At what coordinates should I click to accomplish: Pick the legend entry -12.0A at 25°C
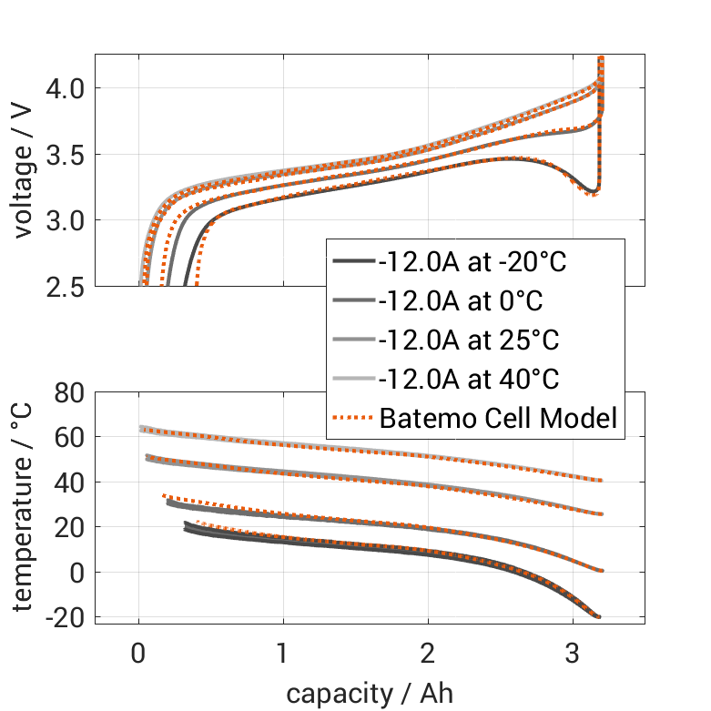[469, 340]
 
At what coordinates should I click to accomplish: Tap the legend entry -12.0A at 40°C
[469, 380]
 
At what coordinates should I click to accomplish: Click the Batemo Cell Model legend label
[498, 419]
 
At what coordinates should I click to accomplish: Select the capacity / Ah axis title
[370, 694]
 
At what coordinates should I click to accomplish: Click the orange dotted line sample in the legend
[352, 419]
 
